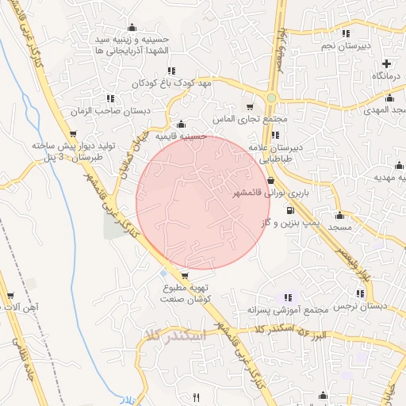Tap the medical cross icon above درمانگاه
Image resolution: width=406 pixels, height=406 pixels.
[x=386, y=63]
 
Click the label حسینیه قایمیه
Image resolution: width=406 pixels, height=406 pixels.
[x=181, y=136]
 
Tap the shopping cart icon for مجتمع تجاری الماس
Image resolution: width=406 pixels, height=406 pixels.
[x=251, y=107]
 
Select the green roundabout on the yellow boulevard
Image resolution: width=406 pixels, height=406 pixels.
[x=272, y=98]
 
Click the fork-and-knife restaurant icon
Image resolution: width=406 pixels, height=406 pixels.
[x=196, y=397]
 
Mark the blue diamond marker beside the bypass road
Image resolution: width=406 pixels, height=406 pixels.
[x=163, y=273]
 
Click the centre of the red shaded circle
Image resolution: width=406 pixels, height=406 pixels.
[x=204, y=202]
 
